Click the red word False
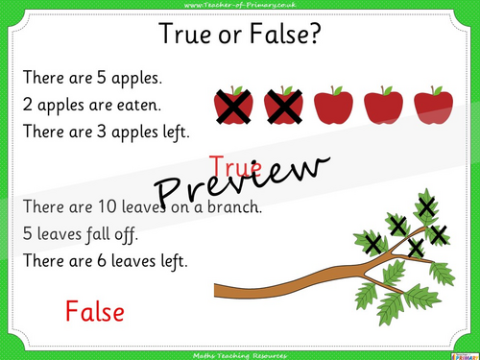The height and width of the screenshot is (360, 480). click(95, 310)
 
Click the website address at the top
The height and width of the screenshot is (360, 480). click(240, 7)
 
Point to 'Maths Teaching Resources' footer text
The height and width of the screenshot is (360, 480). click(240, 353)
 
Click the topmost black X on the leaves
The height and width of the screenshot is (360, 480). click(425, 204)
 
